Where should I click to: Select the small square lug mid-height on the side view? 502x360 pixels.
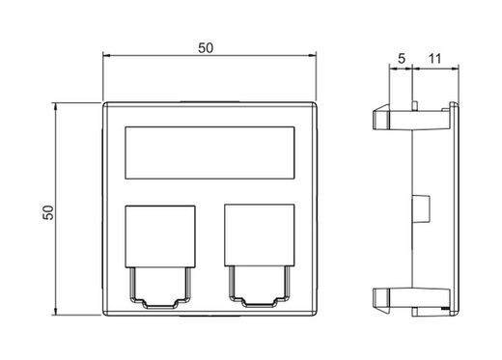[x=421, y=207]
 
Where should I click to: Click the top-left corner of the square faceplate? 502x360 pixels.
[x=103, y=99]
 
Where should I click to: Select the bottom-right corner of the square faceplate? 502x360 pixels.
[x=317, y=316]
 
